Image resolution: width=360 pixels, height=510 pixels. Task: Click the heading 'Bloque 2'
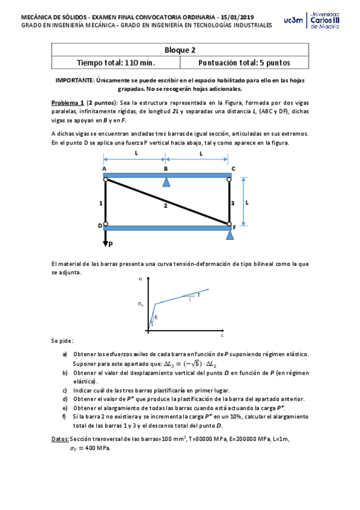coord(180,51)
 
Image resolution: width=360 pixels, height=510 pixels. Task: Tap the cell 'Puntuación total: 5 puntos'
coord(243,63)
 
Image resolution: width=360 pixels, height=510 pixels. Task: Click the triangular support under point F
coord(230,235)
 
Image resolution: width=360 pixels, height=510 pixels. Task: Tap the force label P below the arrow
coord(111,245)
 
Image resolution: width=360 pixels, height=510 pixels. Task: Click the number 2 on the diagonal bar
coord(165,206)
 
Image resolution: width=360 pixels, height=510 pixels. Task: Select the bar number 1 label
coord(100,204)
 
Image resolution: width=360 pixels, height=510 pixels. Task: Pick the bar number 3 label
coord(233,204)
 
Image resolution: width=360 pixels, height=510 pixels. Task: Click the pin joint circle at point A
coord(106,179)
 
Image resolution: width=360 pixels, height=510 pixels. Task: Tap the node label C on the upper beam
coord(233,169)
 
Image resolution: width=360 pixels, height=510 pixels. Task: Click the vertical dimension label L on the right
coord(247,203)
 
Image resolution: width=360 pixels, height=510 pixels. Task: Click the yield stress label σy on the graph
coord(141,304)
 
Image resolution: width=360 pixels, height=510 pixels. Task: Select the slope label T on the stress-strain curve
coord(198,294)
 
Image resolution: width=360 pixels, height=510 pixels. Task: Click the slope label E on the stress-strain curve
coord(156,317)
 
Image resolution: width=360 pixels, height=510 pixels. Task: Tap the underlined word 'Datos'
coord(59,439)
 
